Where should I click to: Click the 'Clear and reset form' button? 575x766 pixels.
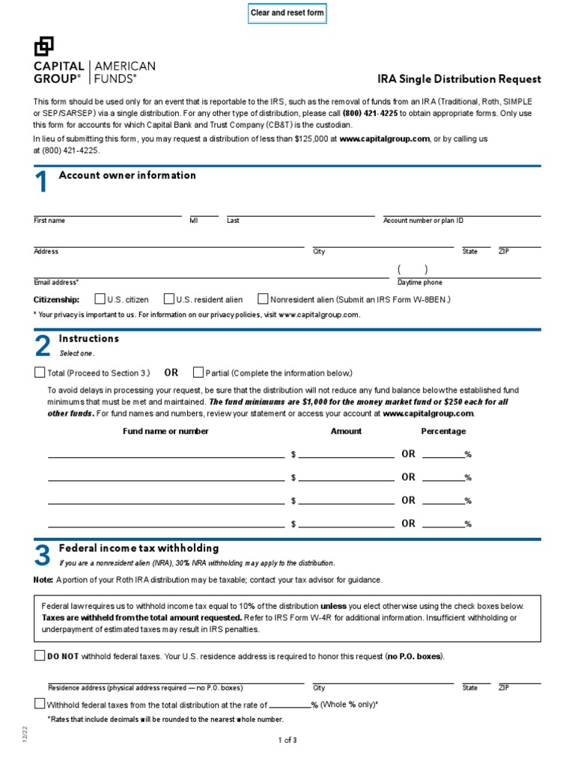[x=287, y=13]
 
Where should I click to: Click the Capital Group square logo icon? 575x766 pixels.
[x=44, y=46]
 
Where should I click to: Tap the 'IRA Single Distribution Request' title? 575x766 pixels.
[x=459, y=79]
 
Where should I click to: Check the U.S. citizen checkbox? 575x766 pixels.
[x=100, y=298]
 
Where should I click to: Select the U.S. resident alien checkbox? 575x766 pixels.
[x=169, y=298]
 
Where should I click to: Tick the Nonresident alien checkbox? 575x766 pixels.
[x=263, y=298]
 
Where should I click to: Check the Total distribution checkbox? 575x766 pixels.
[x=40, y=372]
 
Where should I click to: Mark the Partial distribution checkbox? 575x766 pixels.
[x=198, y=372]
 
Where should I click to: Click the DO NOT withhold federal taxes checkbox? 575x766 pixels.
[x=40, y=656]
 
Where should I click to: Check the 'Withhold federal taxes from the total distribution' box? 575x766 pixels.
[x=40, y=703]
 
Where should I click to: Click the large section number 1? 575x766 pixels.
[x=42, y=183]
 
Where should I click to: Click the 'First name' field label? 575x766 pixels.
[x=49, y=221]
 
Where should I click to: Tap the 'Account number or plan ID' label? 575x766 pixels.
[x=423, y=221]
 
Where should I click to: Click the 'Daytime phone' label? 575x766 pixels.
[x=419, y=283]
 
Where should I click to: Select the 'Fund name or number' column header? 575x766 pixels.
[x=165, y=431]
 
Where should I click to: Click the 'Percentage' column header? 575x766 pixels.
[x=443, y=431]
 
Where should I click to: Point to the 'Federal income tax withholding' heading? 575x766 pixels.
[x=139, y=548]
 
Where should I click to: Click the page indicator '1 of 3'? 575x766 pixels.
[x=287, y=741]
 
